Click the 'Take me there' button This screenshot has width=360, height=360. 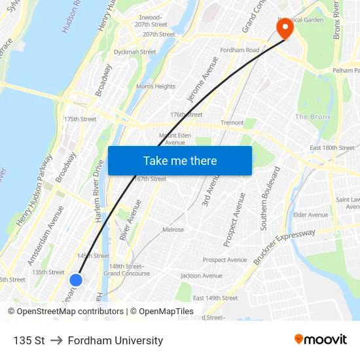(x=180, y=160)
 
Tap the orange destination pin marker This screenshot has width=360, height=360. (x=285, y=28)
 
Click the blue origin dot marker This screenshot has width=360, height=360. (x=76, y=280)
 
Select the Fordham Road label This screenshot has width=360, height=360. (x=240, y=50)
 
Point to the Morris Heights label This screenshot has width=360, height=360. (x=156, y=86)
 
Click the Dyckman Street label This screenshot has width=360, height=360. (x=135, y=52)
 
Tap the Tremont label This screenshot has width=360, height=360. (x=232, y=122)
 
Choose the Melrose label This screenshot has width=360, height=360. (x=173, y=230)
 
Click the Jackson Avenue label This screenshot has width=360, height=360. (x=201, y=276)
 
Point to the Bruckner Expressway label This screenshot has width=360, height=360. (x=284, y=245)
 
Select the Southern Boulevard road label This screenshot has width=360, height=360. (x=270, y=198)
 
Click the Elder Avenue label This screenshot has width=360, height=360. (x=311, y=215)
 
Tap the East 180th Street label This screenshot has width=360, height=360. (x=332, y=148)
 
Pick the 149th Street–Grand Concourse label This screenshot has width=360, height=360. (x=126, y=270)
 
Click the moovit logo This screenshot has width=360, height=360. (x=320, y=339)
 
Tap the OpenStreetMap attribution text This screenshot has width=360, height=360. (x=65, y=312)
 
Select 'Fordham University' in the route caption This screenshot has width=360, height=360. (x=115, y=340)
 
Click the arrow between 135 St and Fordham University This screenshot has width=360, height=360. (x=56, y=340)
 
